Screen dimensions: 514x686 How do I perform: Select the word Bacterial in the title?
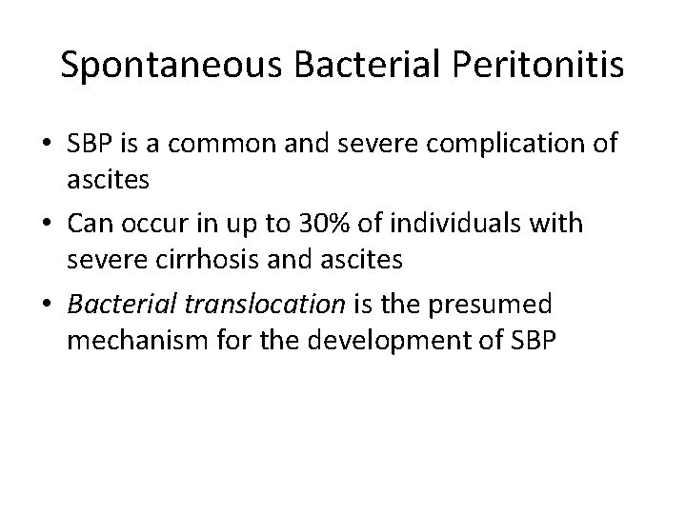coord(352,65)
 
